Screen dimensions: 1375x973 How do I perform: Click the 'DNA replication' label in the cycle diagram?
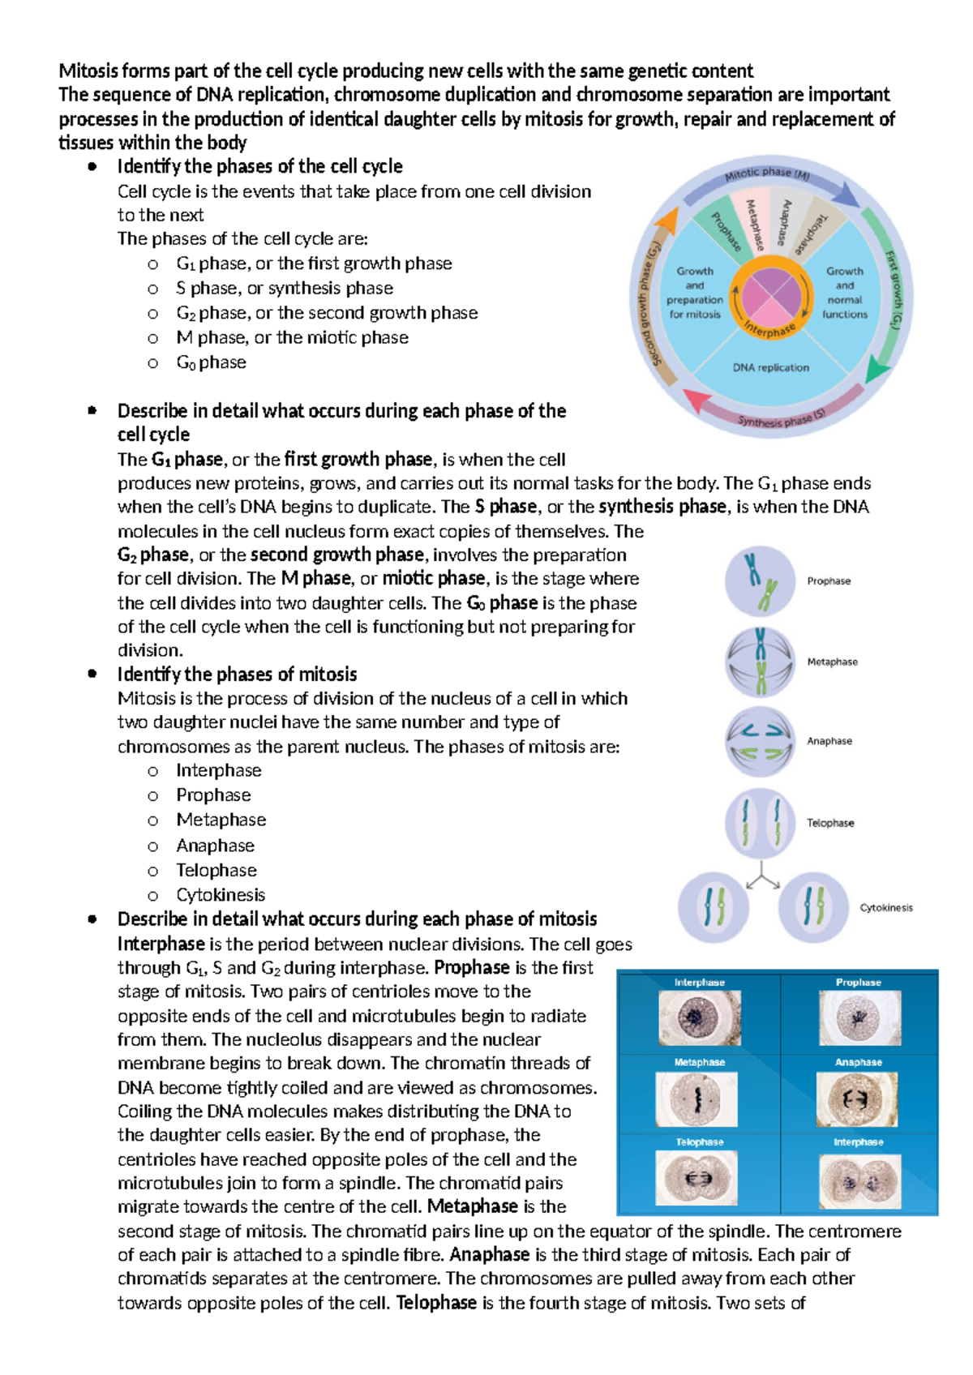[770, 367]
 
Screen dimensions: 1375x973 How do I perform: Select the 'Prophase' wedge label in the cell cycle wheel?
[726, 231]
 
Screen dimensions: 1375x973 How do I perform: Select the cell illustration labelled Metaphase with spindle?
[760, 662]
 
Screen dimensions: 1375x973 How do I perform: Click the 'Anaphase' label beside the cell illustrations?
[829, 741]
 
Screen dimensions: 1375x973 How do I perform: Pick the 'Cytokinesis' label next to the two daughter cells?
[885, 908]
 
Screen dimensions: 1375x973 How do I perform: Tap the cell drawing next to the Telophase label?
[760, 823]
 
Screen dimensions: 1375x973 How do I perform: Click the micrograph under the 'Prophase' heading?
[859, 1017]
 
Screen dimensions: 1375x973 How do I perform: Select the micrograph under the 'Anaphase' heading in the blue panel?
[859, 1099]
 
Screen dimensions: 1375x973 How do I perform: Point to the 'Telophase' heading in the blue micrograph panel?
[699, 1142]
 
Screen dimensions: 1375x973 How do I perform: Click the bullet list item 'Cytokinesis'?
[221, 895]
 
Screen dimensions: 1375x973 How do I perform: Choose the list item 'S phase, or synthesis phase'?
[284, 289]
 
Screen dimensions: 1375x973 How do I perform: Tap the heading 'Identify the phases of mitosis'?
[237, 675]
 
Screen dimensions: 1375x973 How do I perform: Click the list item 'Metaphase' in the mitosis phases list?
[221, 820]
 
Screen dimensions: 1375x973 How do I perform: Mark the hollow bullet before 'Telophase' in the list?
[152, 872]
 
